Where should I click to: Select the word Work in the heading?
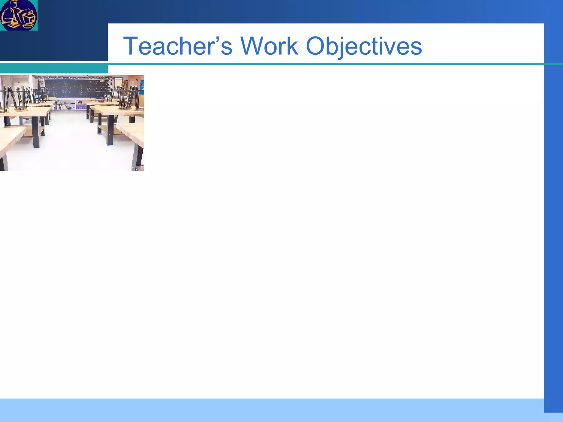point(269,46)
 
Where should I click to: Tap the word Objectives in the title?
point(364,46)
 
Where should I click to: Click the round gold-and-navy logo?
point(18,15)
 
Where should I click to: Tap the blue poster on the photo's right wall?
point(142,87)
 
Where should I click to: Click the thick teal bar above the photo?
point(54,69)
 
